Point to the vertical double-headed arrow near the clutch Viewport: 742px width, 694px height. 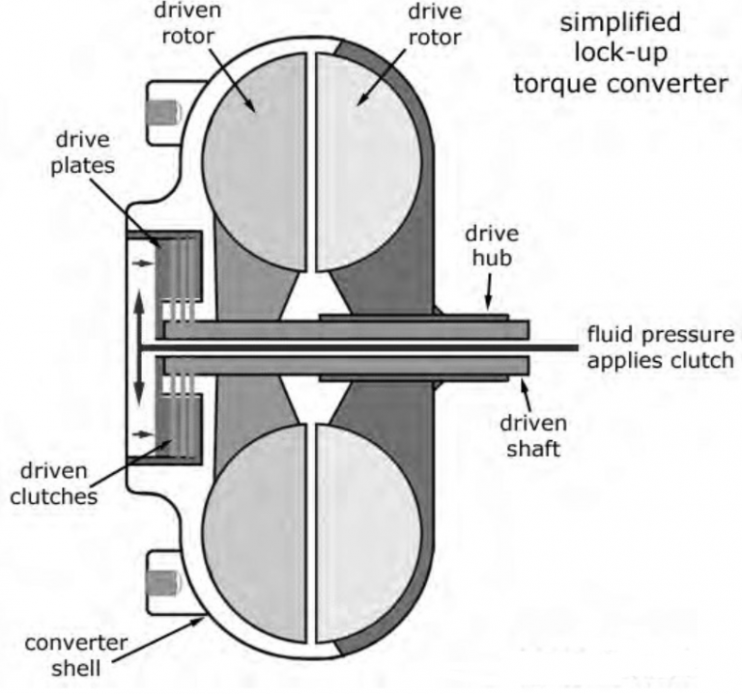click(140, 346)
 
